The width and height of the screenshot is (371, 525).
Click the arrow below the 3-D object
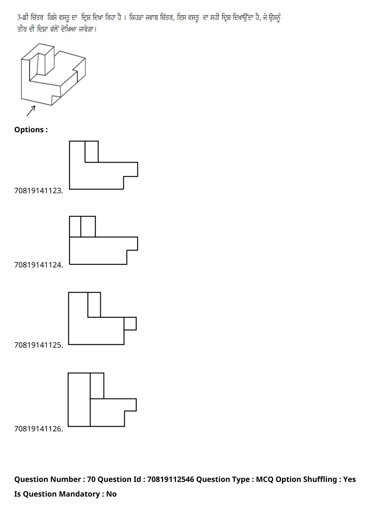(x=31, y=111)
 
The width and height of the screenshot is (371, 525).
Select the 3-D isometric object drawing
(x=53, y=74)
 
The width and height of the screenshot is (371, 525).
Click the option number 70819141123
(x=38, y=191)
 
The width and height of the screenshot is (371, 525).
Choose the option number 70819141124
(x=38, y=265)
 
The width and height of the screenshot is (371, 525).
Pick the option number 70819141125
(x=38, y=345)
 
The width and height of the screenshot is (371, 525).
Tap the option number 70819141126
(x=38, y=429)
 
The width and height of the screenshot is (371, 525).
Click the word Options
(x=29, y=130)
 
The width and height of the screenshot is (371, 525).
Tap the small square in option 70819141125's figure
(x=130, y=324)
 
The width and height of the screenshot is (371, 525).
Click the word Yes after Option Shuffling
(x=349, y=479)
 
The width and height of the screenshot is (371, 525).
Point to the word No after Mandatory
(x=111, y=494)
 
